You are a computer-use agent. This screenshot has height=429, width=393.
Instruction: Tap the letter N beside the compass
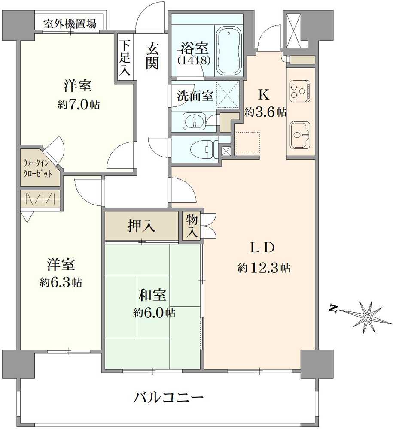(x=332, y=308)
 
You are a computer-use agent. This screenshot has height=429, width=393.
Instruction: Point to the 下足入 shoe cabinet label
(x=125, y=58)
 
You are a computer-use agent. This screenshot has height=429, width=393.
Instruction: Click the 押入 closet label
(x=142, y=226)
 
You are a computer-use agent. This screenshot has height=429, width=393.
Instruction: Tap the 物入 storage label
(x=192, y=226)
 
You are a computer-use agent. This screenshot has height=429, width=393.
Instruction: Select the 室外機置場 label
(x=70, y=23)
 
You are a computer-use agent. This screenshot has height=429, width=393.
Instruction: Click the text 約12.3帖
(x=263, y=269)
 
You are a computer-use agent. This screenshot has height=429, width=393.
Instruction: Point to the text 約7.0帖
(x=79, y=104)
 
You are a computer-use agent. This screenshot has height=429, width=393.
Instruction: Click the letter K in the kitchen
(x=263, y=94)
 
